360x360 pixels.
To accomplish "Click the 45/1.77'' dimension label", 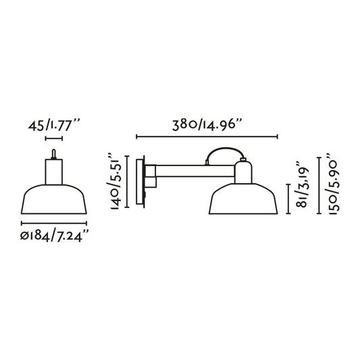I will tap(54, 125).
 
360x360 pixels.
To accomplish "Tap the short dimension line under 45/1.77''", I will tap(54, 138).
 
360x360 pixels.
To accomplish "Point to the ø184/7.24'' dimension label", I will tap(55, 236).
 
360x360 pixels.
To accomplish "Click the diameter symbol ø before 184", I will tap(24, 236).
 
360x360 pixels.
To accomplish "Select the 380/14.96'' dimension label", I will tap(207, 125).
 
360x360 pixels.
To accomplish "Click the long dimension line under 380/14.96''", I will tap(207, 138).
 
